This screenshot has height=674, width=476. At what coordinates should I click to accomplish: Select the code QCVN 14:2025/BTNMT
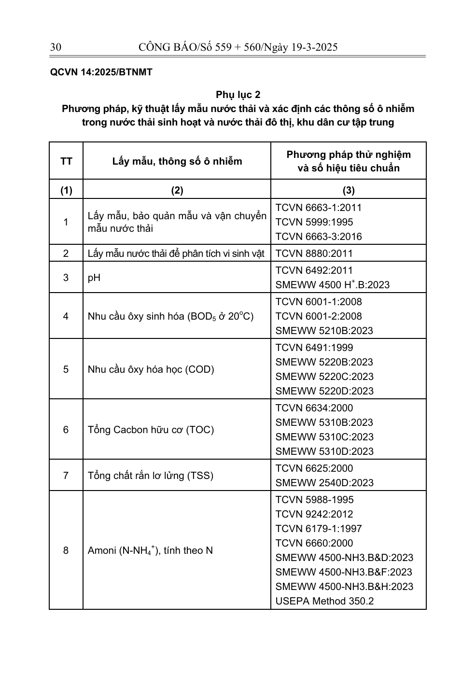pos(101,72)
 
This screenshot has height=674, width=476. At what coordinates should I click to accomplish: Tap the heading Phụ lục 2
pos(238,95)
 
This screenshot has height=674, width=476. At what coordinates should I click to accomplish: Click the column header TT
pos(66,161)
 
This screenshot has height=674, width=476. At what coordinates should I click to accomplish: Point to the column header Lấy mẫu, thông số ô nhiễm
pos(177,161)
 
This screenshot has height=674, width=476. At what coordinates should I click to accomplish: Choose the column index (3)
pos(348,190)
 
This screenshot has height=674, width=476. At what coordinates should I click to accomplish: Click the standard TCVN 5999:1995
pos(314,222)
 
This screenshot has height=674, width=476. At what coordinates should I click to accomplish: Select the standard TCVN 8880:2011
pos(314,253)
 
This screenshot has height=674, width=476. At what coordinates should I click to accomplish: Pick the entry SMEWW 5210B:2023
pos(324,331)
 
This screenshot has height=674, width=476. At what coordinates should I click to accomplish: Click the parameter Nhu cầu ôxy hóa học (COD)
pos(151,369)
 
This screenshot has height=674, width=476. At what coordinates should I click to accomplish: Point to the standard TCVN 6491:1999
pos(314,348)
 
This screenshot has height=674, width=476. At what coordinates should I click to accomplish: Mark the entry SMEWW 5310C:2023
pos(324,437)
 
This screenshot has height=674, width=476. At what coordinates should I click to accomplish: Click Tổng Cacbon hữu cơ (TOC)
pos(151,430)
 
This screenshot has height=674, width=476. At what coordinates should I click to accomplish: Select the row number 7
pos(66,476)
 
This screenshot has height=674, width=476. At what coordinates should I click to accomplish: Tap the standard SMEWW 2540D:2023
pos(324,483)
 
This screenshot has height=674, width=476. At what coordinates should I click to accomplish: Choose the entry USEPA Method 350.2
pos(324,601)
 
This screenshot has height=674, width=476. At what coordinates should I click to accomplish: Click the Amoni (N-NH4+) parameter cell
pos(150,550)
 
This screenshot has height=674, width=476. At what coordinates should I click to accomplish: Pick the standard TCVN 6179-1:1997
pos(319,529)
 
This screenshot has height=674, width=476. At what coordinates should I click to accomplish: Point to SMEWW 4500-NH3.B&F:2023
pos(344,572)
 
